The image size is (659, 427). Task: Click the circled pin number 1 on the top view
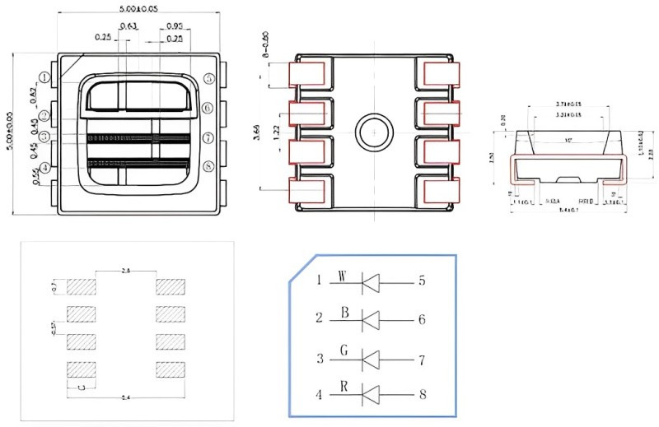tap(44, 78)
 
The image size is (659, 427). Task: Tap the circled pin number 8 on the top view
tap(208, 167)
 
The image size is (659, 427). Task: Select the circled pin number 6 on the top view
tap(208, 108)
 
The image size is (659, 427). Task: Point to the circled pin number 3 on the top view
tap(44, 137)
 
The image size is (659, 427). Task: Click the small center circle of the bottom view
tap(372, 132)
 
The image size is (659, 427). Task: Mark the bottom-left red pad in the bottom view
tap(306, 192)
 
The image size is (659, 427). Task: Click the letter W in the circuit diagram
tap(342, 276)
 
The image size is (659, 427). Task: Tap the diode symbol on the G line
tap(370, 360)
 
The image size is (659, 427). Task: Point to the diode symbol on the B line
tap(370, 319)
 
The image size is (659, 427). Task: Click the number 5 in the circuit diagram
tap(422, 281)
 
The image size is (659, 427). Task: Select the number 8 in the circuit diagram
tap(422, 394)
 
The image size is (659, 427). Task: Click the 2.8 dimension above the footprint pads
tap(125, 269)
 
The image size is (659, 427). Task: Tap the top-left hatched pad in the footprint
tap(82, 287)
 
